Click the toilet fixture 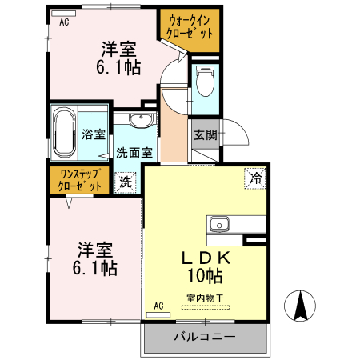[206, 81]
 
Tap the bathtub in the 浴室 [65, 133]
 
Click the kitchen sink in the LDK [218, 223]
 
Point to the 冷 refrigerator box [255, 178]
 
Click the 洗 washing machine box [125, 182]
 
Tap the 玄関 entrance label [203, 135]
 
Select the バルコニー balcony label [205, 337]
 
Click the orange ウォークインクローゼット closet [190, 29]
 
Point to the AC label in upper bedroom [64, 22]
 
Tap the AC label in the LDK [158, 305]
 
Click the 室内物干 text [205, 298]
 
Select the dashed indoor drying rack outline [205, 306]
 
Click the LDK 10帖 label [205, 266]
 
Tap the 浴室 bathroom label [94, 134]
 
